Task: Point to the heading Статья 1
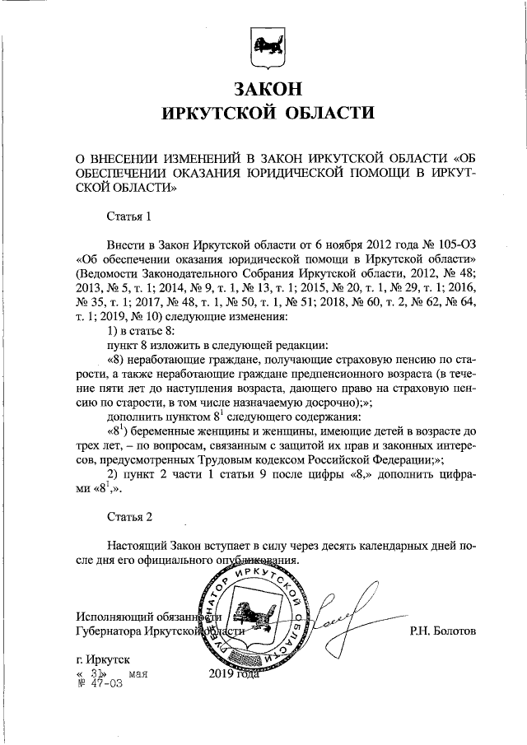(x=129, y=217)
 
